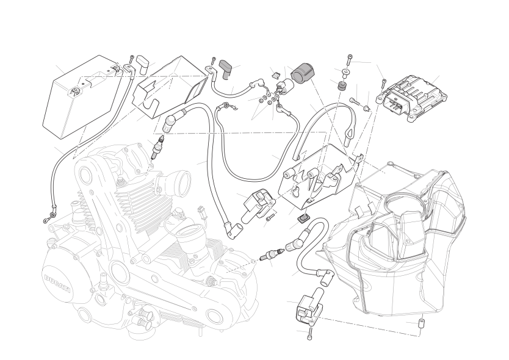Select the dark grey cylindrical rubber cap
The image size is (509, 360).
303,72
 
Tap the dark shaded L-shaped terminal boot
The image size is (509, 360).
225,68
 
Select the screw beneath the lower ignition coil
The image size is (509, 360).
309,333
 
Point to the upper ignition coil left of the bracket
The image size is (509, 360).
258,207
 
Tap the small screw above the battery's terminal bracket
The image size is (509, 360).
132,60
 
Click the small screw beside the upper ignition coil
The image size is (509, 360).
269,219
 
